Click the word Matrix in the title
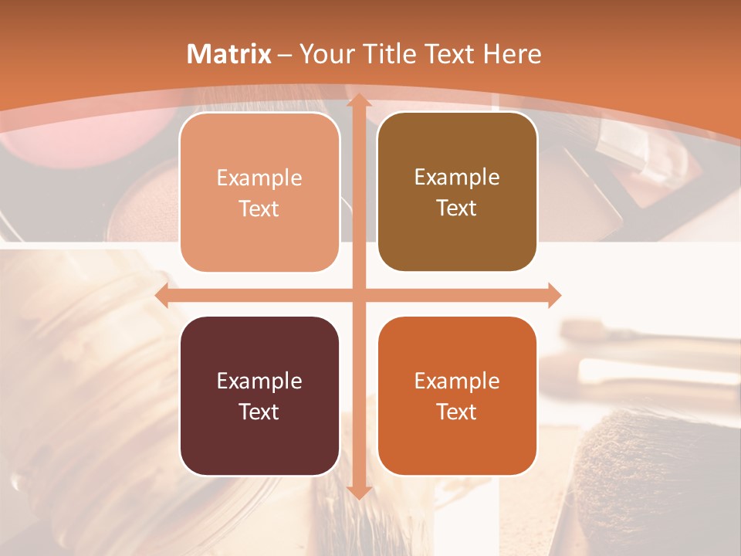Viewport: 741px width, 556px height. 229,54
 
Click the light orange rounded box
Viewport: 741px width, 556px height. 259,192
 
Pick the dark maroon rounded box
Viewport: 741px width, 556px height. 259,395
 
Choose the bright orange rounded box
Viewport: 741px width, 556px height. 457,395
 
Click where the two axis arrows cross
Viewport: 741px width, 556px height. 358,295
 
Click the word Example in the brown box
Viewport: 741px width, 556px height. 457,177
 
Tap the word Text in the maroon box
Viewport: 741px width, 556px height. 259,412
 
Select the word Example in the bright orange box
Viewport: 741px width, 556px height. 457,381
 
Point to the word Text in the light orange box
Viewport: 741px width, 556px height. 259,208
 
